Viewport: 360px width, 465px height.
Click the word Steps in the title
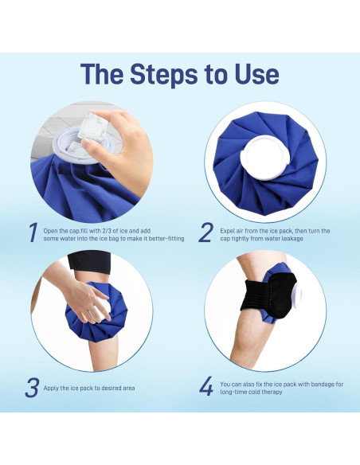coord(164,74)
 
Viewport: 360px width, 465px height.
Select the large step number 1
coord(33,232)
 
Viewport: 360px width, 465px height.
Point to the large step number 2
coord(205,232)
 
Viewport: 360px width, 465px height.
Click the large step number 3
coord(32,388)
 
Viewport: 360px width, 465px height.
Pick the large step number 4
coord(206,386)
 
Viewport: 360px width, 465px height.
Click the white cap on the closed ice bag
coord(264,158)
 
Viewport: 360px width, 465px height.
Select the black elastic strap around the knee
coord(268,295)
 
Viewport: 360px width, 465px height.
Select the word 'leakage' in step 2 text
coord(292,239)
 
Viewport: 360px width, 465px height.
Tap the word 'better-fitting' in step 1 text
coord(166,239)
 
